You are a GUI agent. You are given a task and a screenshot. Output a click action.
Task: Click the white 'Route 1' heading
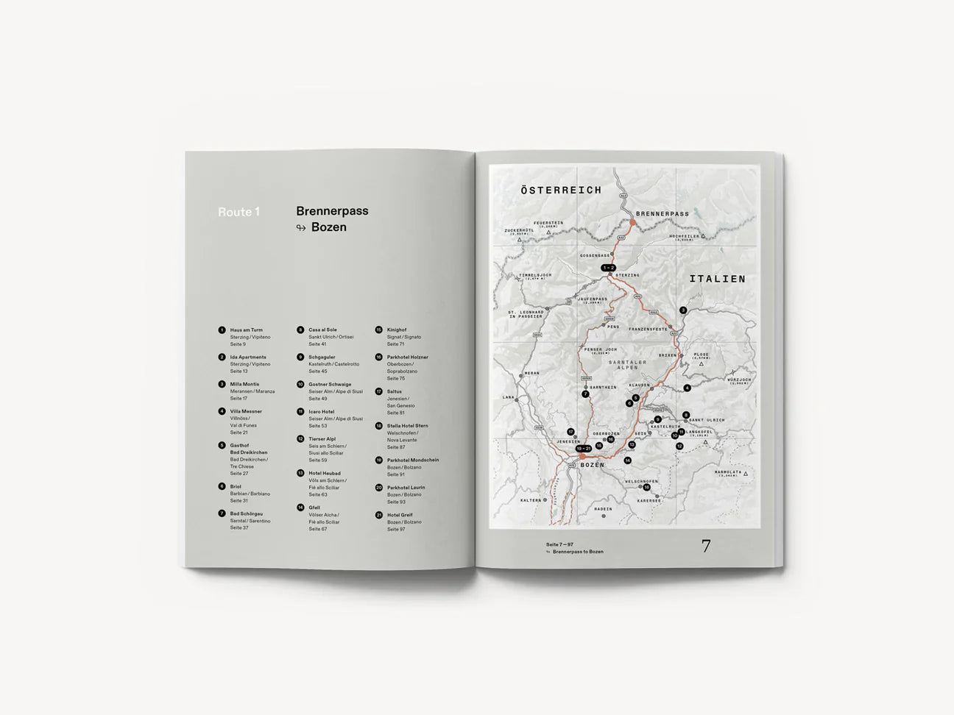[239, 213]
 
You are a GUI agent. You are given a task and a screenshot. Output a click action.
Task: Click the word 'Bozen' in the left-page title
[328, 227]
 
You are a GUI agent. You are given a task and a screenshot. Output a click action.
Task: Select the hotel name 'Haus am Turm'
[246, 330]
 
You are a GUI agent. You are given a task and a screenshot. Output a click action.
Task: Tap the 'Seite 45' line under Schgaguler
[317, 371]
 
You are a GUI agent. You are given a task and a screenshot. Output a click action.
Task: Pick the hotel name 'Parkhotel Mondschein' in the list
[412, 460]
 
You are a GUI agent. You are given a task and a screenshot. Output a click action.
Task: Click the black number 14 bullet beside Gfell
[300, 508]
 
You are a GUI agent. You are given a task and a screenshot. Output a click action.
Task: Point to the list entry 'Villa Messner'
[246, 411]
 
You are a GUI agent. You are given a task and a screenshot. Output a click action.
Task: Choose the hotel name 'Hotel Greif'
[400, 515]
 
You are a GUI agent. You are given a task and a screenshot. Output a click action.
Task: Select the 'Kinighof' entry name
[396, 330]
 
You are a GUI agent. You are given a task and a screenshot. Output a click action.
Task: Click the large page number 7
[706, 547]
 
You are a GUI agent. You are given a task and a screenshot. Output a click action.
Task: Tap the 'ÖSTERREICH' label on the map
[561, 191]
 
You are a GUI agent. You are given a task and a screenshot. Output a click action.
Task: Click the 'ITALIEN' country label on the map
[717, 280]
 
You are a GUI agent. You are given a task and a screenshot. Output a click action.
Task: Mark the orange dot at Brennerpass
[632, 221]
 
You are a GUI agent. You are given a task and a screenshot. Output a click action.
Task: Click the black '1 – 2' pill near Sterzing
[608, 267]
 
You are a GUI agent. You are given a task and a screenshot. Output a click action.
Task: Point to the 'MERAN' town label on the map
[531, 374]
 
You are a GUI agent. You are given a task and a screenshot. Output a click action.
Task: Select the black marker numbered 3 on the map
[682, 310]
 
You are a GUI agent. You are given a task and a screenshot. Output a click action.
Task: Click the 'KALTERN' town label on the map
[530, 500]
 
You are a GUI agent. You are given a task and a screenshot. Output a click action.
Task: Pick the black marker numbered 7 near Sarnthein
[585, 394]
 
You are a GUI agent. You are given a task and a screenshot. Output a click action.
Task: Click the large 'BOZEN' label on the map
[593, 466]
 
